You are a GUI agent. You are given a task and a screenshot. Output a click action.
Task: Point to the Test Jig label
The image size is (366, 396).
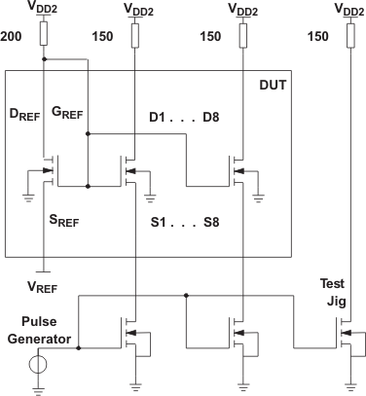[x=332, y=291]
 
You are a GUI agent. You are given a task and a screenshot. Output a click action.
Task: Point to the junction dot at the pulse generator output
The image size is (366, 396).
[x=80, y=347]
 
